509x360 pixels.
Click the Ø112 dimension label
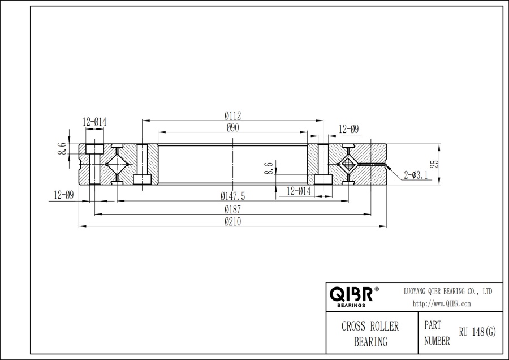tap(233, 115)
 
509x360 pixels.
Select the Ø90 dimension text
tap(233, 128)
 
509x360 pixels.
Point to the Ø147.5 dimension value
tap(233, 196)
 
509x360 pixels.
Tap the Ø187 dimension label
tap(233, 209)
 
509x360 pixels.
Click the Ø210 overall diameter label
tap(233, 222)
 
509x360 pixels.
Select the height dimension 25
tap(434, 164)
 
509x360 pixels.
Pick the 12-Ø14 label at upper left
tap(94, 122)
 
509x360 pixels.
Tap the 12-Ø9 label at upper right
tap(348, 129)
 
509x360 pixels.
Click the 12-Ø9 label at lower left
tap(64, 195)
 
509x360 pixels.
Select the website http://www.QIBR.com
tap(442, 304)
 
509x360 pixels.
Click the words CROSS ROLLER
tap(370, 327)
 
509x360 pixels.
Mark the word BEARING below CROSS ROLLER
tap(370, 341)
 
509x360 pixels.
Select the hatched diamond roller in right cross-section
tap(347, 164)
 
